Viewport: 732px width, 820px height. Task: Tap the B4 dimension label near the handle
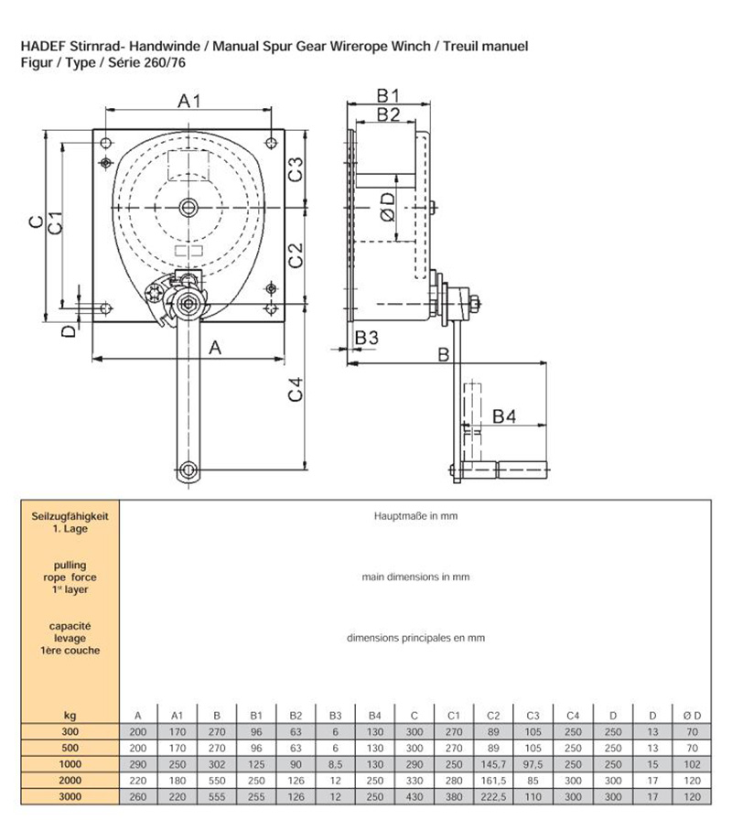(x=504, y=417)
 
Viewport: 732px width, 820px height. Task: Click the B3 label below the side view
(x=366, y=338)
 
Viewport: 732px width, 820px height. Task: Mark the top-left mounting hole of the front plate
(x=107, y=141)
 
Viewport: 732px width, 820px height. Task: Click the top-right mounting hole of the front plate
(x=272, y=141)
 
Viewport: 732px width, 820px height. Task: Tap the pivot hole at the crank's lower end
(x=188, y=470)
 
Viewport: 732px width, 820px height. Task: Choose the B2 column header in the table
(x=296, y=715)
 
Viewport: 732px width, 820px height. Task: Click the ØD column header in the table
(x=692, y=715)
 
